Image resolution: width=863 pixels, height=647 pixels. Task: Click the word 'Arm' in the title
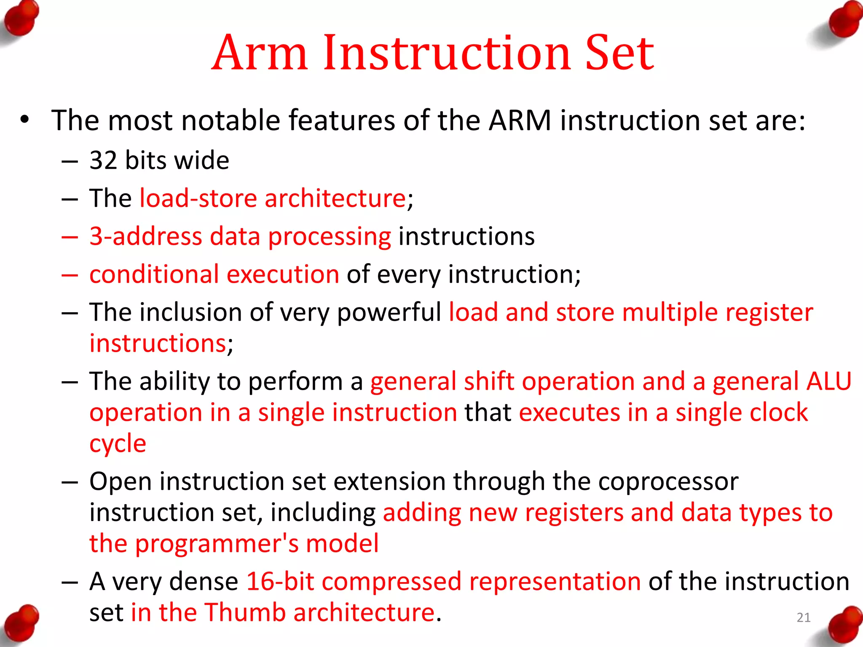point(260,53)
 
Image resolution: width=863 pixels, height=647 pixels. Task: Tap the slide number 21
point(804,618)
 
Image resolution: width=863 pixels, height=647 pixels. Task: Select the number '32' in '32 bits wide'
point(103,160)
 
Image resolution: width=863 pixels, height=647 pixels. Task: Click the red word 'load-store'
point(198,198)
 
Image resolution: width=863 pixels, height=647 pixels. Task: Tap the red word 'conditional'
point(154,275)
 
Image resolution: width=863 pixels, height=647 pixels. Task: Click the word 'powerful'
point(389,313)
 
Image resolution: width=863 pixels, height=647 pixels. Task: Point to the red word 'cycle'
point(118,444)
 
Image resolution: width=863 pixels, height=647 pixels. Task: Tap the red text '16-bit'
point(280,582)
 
